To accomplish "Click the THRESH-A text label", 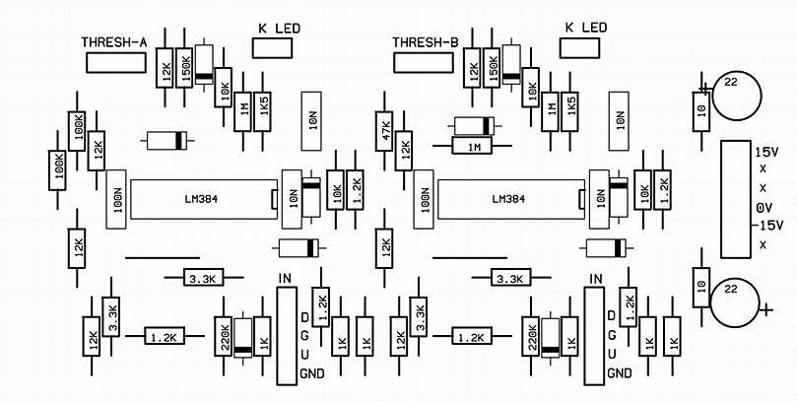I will (114, 42).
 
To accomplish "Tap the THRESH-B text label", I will (425, 42).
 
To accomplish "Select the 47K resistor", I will (384, 128).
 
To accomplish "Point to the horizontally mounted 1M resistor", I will (475, 147).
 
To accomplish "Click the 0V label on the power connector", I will (764, 208).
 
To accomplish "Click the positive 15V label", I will (766, 154).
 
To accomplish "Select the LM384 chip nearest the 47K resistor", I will (506, 200).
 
